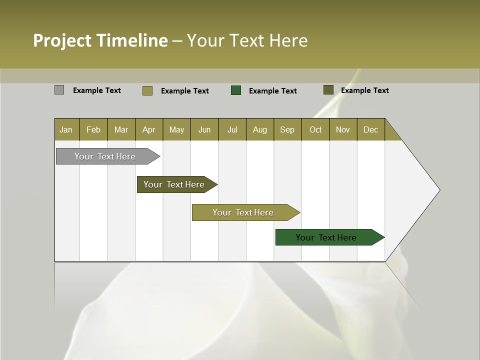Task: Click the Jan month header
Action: coord(66,129)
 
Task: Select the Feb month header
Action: coord(93,129)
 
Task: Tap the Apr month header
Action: coord(148,129)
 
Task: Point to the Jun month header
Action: coord(204,129)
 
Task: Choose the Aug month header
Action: coord(259,129)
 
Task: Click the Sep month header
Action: coord(287,129)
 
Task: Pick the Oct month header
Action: coord(315,129)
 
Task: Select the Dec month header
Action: coord(370,129)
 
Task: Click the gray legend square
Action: coord(59,90)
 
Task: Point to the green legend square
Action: coord(236,90)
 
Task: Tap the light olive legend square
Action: coord(147,90)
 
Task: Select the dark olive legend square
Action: coord(328,90)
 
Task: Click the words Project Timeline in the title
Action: coord(100,40)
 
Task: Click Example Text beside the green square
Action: coord(272,90)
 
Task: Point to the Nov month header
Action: coord(343,129)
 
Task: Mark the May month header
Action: coord(176,129)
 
